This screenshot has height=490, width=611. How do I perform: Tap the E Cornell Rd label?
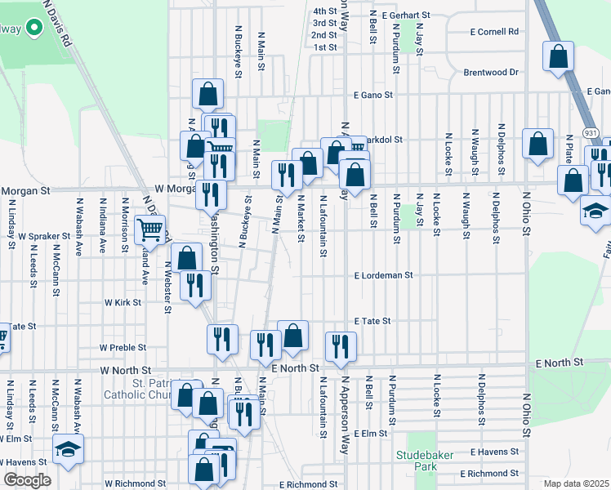pyautogui.click(x=495, y=32)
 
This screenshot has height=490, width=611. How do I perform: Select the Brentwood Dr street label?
pyautogui.click(x=491, y=72)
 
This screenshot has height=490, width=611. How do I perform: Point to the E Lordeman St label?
pyautogui.click(x=384, y=276)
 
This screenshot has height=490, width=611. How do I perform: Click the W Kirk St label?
pyautogui.click(x=123, y=302)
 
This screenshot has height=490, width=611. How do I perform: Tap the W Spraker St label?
pyautogui.click(x=45, y=236)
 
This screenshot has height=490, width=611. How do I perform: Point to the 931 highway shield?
pyautogui.click(x=590, y=132)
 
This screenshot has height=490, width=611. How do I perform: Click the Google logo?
pyautogui.click(x=27, y=480)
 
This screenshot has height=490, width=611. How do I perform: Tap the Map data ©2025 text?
pyautogui.click(x=575, y=483)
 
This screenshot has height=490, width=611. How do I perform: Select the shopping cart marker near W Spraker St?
pyautogui.click(x=150, y=230)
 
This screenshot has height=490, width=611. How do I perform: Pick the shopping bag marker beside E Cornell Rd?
pyautogui.click(x=560, y=57)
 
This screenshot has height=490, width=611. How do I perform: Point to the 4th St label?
pyautogui.click(x=324, y=11)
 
